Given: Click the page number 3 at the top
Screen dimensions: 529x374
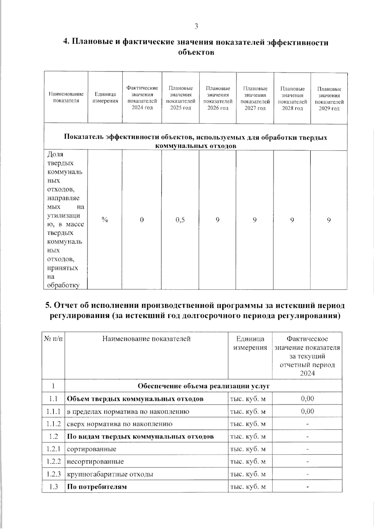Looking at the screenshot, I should point(196,26).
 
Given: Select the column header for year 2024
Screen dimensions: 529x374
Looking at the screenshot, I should point(142,98).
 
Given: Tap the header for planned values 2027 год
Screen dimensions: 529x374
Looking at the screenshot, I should point(255,98).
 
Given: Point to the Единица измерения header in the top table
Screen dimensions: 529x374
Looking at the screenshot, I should point(105,97).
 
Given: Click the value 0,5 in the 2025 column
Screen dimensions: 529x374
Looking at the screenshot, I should point(180,220).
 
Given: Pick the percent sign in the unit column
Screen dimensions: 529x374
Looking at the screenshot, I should point(105,220).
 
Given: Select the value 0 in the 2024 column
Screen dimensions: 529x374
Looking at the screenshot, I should point(142,220).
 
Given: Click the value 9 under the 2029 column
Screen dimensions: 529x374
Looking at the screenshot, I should point(329,220).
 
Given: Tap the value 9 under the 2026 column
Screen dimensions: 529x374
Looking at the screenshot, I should point(217,220).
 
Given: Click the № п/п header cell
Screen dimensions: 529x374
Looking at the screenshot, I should point(53,339).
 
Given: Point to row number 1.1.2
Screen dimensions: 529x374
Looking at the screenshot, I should point(53,424).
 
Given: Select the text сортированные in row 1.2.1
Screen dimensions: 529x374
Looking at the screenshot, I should point(92,449).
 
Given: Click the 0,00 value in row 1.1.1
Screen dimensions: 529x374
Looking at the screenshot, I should point(307,411).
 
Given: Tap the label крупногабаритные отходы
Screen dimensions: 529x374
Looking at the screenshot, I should point(110,474).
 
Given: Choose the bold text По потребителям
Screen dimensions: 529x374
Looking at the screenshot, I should point(97,487).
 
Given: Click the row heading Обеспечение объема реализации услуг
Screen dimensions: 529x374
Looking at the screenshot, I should point(204,386).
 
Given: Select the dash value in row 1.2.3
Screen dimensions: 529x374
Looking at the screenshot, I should point(307,474).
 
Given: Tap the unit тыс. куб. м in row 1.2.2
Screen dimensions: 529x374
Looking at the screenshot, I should point(248,462).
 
